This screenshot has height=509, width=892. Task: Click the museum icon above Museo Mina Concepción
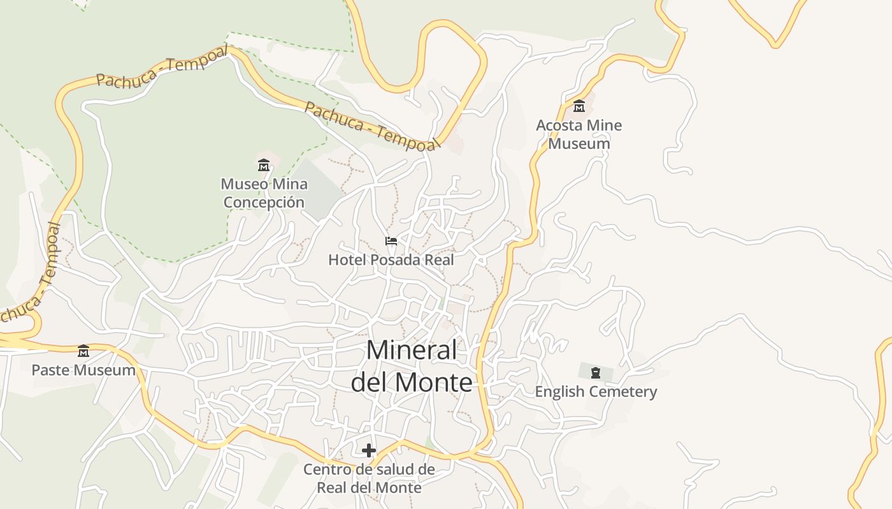pyautogui.click(x=264, y=165)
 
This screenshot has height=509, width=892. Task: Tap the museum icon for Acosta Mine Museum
pyautogui.click(x=579, y=106)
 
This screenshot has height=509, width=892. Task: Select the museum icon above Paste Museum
pyautogui.click(x=83, y=351)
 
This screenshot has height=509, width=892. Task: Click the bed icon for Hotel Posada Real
pyautogui.click(x=391, y=241)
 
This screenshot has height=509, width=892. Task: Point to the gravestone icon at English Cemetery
pyautogui.click(x=596, y=372)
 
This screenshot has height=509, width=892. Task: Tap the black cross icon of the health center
pyautogui.click(x=368, y=450)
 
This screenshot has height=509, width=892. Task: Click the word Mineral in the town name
pyautogui.click(x=412, y=351)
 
